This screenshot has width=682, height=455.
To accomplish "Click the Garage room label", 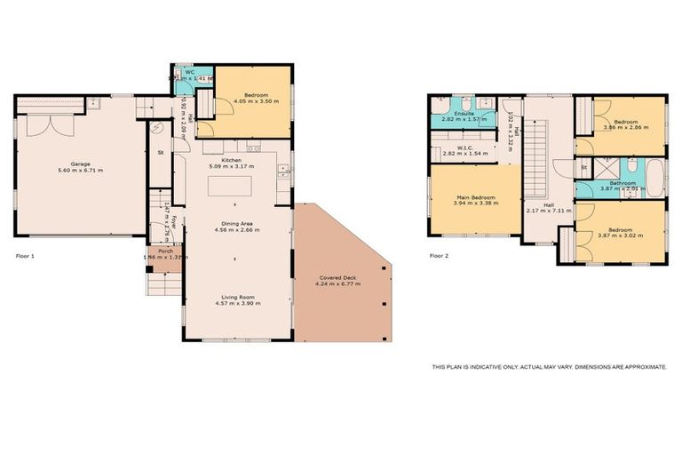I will point(81,164).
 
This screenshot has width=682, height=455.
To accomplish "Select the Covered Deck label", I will point(340,278).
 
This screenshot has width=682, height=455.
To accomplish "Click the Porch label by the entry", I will point(165,251).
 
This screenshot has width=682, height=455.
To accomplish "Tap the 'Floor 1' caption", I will point(25,256).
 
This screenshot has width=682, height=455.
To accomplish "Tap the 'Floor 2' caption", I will point(439,256).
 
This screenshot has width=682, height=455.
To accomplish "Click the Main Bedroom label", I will point(476,196).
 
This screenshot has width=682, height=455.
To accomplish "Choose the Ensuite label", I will point(464,114).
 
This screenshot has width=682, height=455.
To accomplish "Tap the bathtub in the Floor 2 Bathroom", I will point(654,178).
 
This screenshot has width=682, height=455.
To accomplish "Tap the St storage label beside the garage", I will point(161,152).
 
